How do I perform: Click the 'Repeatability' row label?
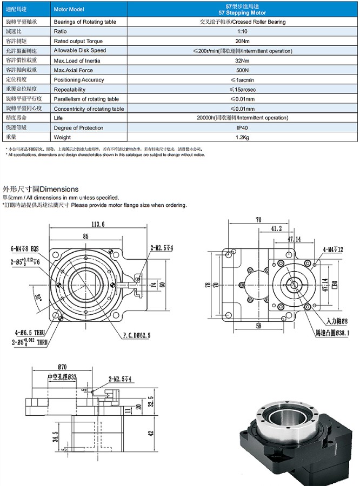point(70,90)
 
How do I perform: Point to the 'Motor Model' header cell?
point(69,10)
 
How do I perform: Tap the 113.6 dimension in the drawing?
point(98,224)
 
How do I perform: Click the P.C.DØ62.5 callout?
point(136,335)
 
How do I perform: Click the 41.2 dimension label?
point(276,229)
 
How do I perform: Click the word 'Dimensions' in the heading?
point(59,189)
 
